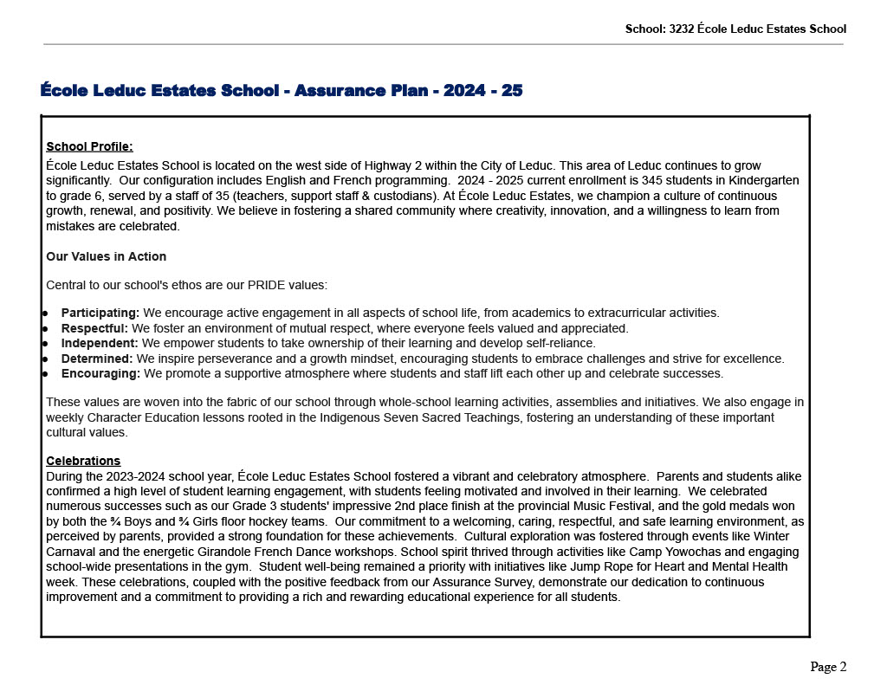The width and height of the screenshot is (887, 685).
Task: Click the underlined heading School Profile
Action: pyautogui.click(x=89, y=146)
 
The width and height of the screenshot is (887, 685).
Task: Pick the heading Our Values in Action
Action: pyautogui.click(x=106, y=256)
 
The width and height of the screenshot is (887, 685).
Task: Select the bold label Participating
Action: pyautogui.click(x=100, y=313)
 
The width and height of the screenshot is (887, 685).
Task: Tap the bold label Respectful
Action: pyautogui.click(x=94, y=328)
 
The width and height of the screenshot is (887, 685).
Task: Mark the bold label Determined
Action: pyautogui.click(x=97, y=359)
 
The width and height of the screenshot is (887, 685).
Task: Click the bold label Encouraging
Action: pyautogui.click(x=100, y=373)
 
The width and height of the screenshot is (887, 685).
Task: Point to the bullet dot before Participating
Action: pyautogui.click(x=44, y=313)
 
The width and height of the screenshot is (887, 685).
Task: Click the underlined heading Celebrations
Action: pyautogui.click(x=83, y=461)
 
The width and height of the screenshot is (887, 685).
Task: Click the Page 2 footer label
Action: pyautogui.click(x=828, y=667)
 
